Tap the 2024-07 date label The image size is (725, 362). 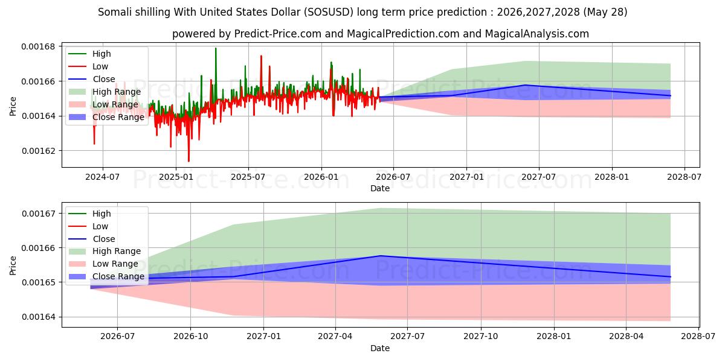click(103, 177)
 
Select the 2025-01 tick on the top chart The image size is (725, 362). click(176, 177)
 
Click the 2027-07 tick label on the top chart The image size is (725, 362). click(538, 177)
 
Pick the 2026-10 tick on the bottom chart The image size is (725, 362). click(190, 337)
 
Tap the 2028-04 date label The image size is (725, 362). click(627, 337)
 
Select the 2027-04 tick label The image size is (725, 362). click(335, 337)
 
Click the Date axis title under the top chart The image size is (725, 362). click(380, 188)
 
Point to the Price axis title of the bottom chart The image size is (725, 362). click(13, 265)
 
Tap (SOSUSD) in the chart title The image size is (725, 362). click(329, 12)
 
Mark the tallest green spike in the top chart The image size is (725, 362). click(216, 48)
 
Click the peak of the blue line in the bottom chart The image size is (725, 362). click(381, 256)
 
